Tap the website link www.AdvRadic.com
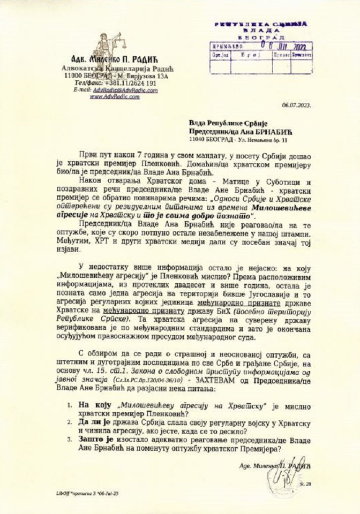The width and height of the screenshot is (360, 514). point(111,97)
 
